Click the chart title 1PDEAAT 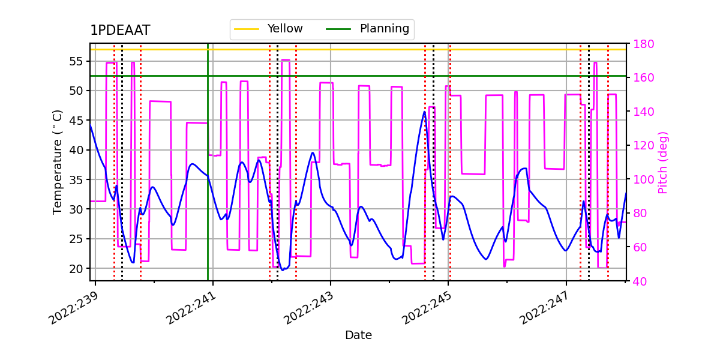[x=120, y=31]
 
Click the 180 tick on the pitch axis [x=642, y=44]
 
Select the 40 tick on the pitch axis [x=639, y=280]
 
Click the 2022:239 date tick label [x=73, y=307]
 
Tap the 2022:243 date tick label [x=308, y=307]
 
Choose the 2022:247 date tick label [x=544, y=307]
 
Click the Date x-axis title [x=358, y=335]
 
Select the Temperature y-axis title [x=58, y=162]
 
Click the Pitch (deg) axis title [x=663, y=162]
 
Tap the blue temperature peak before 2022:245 [x=424, y=112]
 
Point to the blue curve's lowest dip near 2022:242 [x=283, y=270]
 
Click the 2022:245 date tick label [x=426, y=307]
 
